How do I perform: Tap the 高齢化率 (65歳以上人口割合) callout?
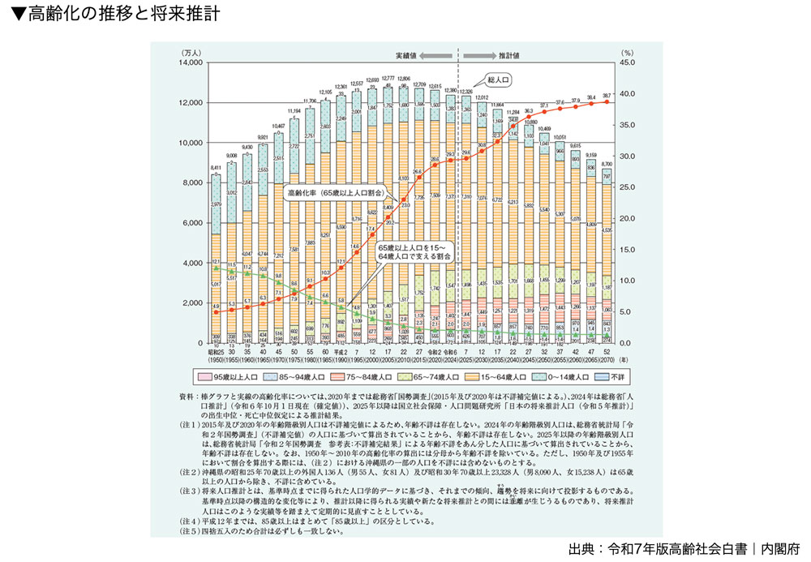tap(334, 195)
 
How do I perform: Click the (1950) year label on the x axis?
tap(216, 358)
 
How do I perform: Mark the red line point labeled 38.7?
tap(607, 101)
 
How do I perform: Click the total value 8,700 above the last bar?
tap(607, 164)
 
